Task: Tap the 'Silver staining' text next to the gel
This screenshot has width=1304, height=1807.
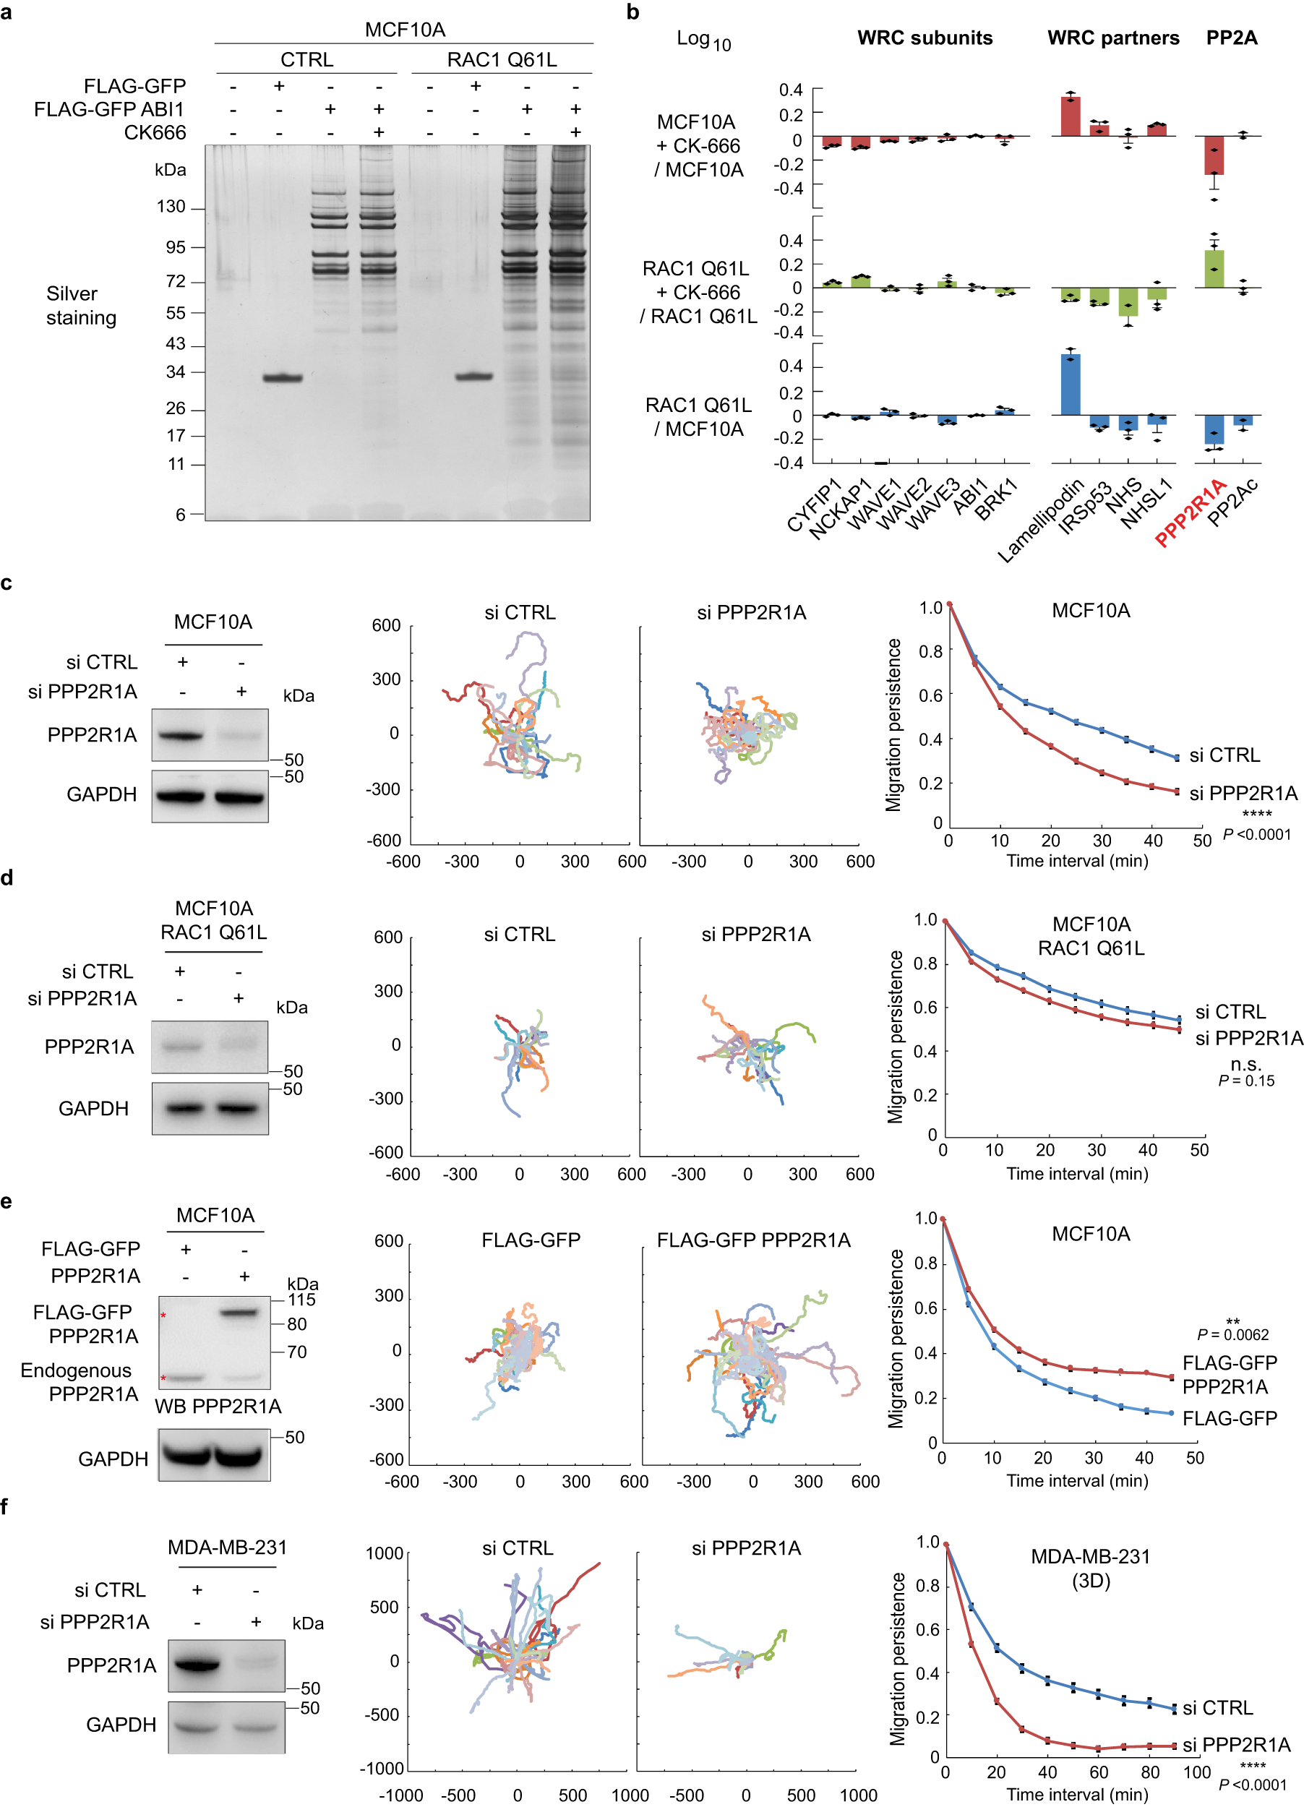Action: click(x=80, y=306)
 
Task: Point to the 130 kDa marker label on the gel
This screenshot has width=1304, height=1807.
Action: click(x=171, y=207)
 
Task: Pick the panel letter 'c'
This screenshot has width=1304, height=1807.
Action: click(x=7, y=583)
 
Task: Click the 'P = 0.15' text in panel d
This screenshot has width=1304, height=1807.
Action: click(x=1246, y=1081)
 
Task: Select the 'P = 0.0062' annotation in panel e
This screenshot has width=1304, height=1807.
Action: click(x=1232, y=1334)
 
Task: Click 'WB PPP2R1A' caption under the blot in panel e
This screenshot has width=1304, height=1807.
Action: click(x=218, y=1407)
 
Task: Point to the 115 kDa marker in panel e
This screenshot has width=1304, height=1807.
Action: click(x=301, y=1300)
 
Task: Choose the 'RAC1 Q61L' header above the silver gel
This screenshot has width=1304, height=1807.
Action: click(x=501, y=60)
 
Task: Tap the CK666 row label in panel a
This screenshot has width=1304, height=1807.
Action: click(x=155, y=133)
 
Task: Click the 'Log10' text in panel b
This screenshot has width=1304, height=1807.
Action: click(x=703, y=40)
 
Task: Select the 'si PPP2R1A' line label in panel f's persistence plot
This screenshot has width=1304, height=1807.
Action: click(x=1236, y=1745)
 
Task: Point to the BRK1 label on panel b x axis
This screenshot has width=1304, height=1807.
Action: click(x=996, y=499)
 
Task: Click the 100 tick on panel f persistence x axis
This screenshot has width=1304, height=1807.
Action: click(x=1196, y=1773)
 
